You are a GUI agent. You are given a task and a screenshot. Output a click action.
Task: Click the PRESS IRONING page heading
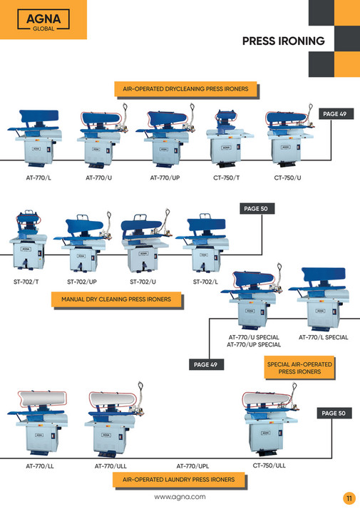pyautogui.click(x=283, y=41)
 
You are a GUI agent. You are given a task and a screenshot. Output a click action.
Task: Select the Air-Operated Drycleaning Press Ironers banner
pyautogui.click(x=185, y=89)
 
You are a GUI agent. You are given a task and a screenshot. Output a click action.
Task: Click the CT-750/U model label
pyautogui.click(x=287, y=177)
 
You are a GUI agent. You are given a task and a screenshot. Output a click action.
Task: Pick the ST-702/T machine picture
pyautogui.click(x=27, y=242)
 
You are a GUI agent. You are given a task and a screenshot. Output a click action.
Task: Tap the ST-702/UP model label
pyautogui.click(x=82, y=282)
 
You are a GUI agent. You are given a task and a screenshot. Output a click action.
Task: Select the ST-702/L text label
pyautogui.click(x=206, y=282)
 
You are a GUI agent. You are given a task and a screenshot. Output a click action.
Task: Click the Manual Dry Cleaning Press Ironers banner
pyautogui.click(x=116, y=299)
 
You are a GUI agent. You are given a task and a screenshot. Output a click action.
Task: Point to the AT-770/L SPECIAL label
pyautogui.click(x=323, y=337)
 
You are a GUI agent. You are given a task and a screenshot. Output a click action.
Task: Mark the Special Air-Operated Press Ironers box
pyautogui.click(x=299, y=368)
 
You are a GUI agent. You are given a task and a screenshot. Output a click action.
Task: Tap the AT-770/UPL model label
pyautogui.click(x=192, y=466)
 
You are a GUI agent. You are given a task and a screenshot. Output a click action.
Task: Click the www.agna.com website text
pyautogui.click(x=180, y=497)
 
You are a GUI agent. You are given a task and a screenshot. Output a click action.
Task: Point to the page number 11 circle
pyautogui.click(x=349, y=498)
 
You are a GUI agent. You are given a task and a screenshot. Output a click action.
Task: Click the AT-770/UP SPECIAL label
pyautogui.click(x=253, y=345)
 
